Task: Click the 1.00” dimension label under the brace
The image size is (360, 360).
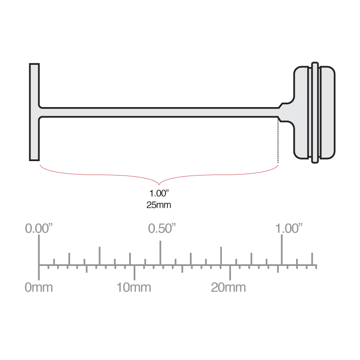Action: tap(159, 194)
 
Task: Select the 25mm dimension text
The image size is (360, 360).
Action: tap(159, 205)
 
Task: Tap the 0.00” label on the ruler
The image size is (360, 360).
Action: tap(39, 228)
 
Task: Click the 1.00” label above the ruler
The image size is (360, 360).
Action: tap(288, 228)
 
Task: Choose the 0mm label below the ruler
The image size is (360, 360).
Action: tap(39, 287)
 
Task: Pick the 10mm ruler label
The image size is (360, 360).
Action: tap(134, 287)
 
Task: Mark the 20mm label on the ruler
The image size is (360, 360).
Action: tap(229, 287)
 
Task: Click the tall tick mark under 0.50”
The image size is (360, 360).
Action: tap(160, 252)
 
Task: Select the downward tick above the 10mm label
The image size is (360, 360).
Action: tap(134, 272)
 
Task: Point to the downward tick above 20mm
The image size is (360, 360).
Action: tap(230, 272)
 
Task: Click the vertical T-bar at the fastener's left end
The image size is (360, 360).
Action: tap(35, 112)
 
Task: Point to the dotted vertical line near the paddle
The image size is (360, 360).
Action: tap(279, 142)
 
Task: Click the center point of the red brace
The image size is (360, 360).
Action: tap(159, 183)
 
